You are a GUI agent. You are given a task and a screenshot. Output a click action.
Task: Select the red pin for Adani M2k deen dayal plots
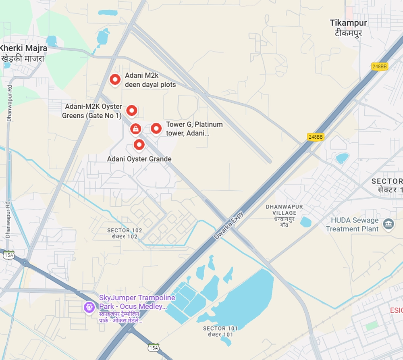point(115,79)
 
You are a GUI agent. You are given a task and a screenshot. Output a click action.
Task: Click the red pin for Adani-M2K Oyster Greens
point(132,110)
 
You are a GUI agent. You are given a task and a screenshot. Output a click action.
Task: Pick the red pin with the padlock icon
point(136,129)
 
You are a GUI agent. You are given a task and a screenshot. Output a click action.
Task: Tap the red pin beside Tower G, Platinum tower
point(156,129)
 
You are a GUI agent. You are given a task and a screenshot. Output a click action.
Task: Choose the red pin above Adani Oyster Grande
point(139,144)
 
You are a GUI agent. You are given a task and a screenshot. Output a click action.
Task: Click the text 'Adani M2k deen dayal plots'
point(150,80)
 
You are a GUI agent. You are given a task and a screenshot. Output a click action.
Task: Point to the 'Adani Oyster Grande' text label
point(139,159)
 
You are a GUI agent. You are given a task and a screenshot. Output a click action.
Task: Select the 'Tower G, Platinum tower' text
point(194,129)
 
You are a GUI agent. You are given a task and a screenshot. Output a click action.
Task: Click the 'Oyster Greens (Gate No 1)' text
point(91,116)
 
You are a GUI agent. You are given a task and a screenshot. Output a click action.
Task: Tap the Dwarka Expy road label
point(229,225)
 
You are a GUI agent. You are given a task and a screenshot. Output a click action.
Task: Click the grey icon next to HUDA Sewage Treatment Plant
point(388,224)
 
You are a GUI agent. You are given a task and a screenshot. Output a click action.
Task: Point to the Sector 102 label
point(125,233)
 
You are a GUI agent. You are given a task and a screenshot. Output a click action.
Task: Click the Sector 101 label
point(218,331)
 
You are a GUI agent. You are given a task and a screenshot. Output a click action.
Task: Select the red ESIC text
point(396,310)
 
